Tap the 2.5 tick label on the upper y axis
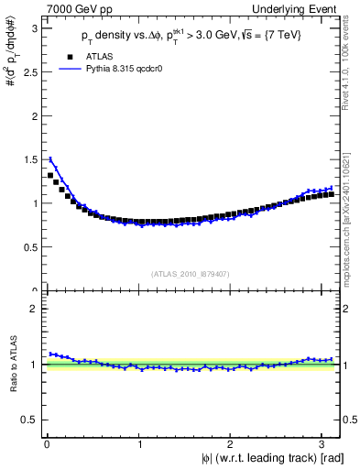(29, 71)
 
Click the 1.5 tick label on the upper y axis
(29, 159)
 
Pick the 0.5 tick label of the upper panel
(29, 247)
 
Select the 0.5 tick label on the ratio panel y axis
(29, 420)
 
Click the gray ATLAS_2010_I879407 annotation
(190, 272)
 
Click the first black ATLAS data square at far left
(49, 175)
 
